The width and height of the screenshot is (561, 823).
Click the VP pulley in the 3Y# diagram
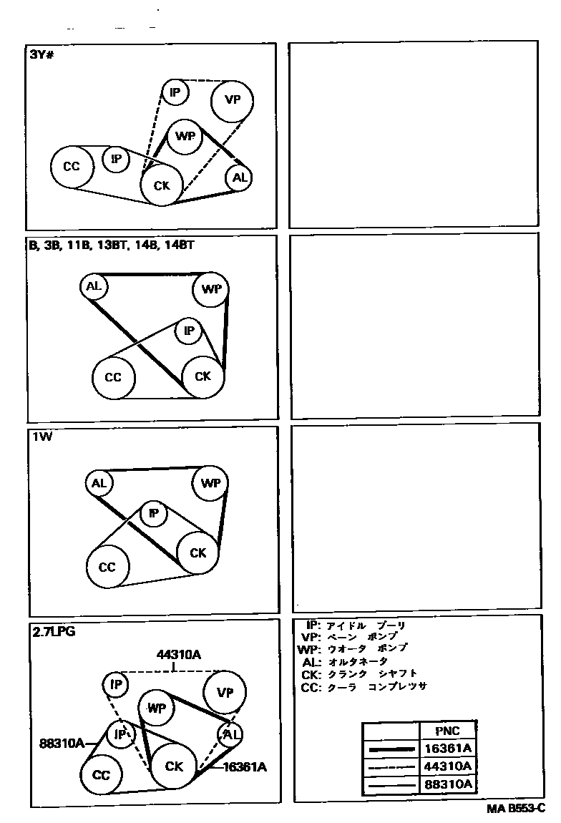(233, 100)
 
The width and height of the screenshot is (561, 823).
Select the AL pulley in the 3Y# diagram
(238, 178)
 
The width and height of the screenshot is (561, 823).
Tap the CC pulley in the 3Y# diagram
(72, 167)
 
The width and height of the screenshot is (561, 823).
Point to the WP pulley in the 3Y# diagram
(185, 136)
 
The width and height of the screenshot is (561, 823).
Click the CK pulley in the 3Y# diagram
(162, 185)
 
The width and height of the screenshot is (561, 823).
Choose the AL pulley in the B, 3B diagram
(94, 287)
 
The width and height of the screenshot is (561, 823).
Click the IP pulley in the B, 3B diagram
(189, 331)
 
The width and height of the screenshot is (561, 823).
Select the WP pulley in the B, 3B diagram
(211, 289)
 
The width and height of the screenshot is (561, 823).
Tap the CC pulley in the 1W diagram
(107, 567)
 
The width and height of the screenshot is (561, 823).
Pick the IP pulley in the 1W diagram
(153, 513)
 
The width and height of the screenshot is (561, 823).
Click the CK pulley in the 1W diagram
(197, 553)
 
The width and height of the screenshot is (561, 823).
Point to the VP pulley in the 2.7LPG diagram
(225, 693)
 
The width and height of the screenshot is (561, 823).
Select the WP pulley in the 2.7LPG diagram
(157, 708)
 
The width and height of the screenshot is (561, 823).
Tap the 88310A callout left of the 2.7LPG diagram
(61, 742)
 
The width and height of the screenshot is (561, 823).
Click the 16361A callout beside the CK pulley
(244, 766)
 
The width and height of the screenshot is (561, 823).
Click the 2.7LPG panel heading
(54, 631)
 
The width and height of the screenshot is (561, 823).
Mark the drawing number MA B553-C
(515, 808)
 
